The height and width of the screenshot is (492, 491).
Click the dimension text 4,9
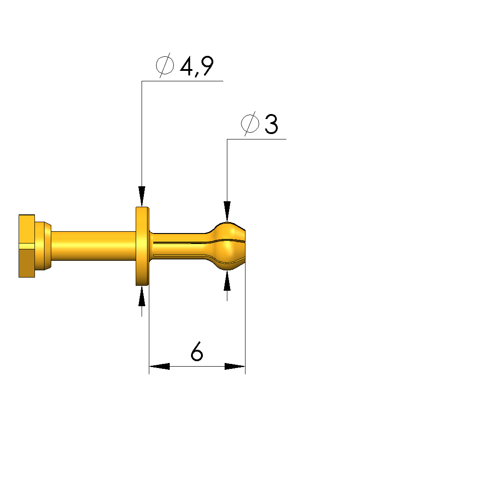(x=197, y=66)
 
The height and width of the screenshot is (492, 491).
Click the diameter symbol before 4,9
(x=165, y=65)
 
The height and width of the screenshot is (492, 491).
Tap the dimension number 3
(x=271, y=124)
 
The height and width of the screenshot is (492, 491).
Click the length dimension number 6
(x=197, y=351)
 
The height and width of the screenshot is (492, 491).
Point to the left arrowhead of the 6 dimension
(x=159, y=366)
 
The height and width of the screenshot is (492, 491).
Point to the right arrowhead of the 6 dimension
(x=235, y=366)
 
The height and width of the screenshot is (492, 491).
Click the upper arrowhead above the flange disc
(x=142, y=196)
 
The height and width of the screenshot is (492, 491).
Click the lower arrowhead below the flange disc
(x=142, y=296)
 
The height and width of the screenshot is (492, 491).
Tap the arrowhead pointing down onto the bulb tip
(x=227, y=212)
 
